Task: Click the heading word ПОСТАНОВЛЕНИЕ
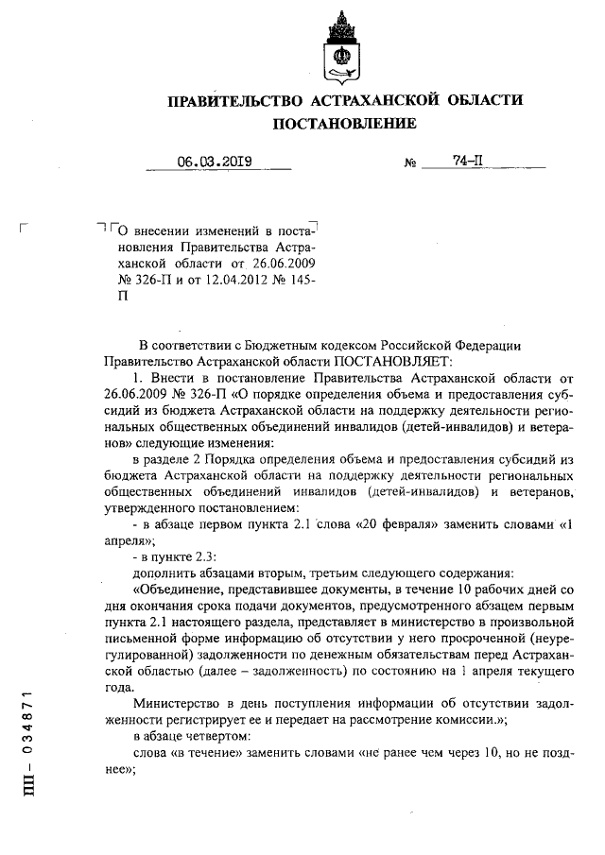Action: tap(344, 124)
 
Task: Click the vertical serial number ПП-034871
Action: tap(27, 741)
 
